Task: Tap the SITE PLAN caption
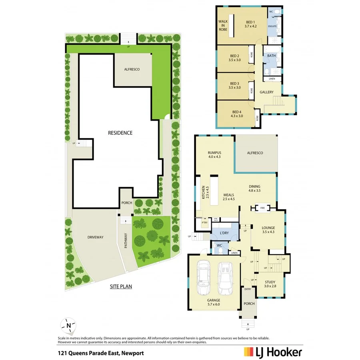[x=121, y=286]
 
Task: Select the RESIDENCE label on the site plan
[x=120, y=133]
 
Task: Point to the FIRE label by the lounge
[x=263, y=208]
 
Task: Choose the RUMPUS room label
[x=214, y=153]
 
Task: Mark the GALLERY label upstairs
[x=266, y=92]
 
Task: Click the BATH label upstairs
[x=272, y=56]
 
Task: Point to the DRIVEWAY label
[x=95, y=237]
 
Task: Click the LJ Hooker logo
[x=273, y=352]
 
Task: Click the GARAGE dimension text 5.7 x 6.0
[x=213, y=304]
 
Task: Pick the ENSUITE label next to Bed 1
[x=272, y=26]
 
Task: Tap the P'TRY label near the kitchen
[x=204, y=222]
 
